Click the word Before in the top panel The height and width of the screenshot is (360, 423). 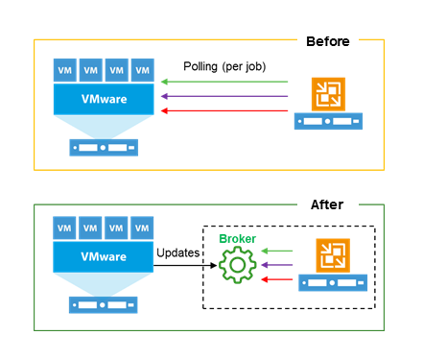tap(327, 41)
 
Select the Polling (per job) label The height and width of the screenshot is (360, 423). tap(224, 66)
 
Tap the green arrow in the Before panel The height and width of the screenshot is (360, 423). tap(224, 84)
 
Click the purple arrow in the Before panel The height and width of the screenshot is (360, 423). tap(224, 97)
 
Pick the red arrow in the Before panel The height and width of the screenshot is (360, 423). tap(224, 111)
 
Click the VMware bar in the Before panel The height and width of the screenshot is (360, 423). tap(104, 100)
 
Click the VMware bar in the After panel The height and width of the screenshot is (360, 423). tap(104, 256)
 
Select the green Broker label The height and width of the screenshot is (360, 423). tap(236, 238)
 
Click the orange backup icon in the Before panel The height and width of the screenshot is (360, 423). tap(329, 95)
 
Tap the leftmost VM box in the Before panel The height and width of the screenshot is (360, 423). tap(64, 70)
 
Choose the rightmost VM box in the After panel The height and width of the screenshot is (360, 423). tap(142, 229)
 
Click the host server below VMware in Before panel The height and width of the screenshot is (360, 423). tap(104, 148)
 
